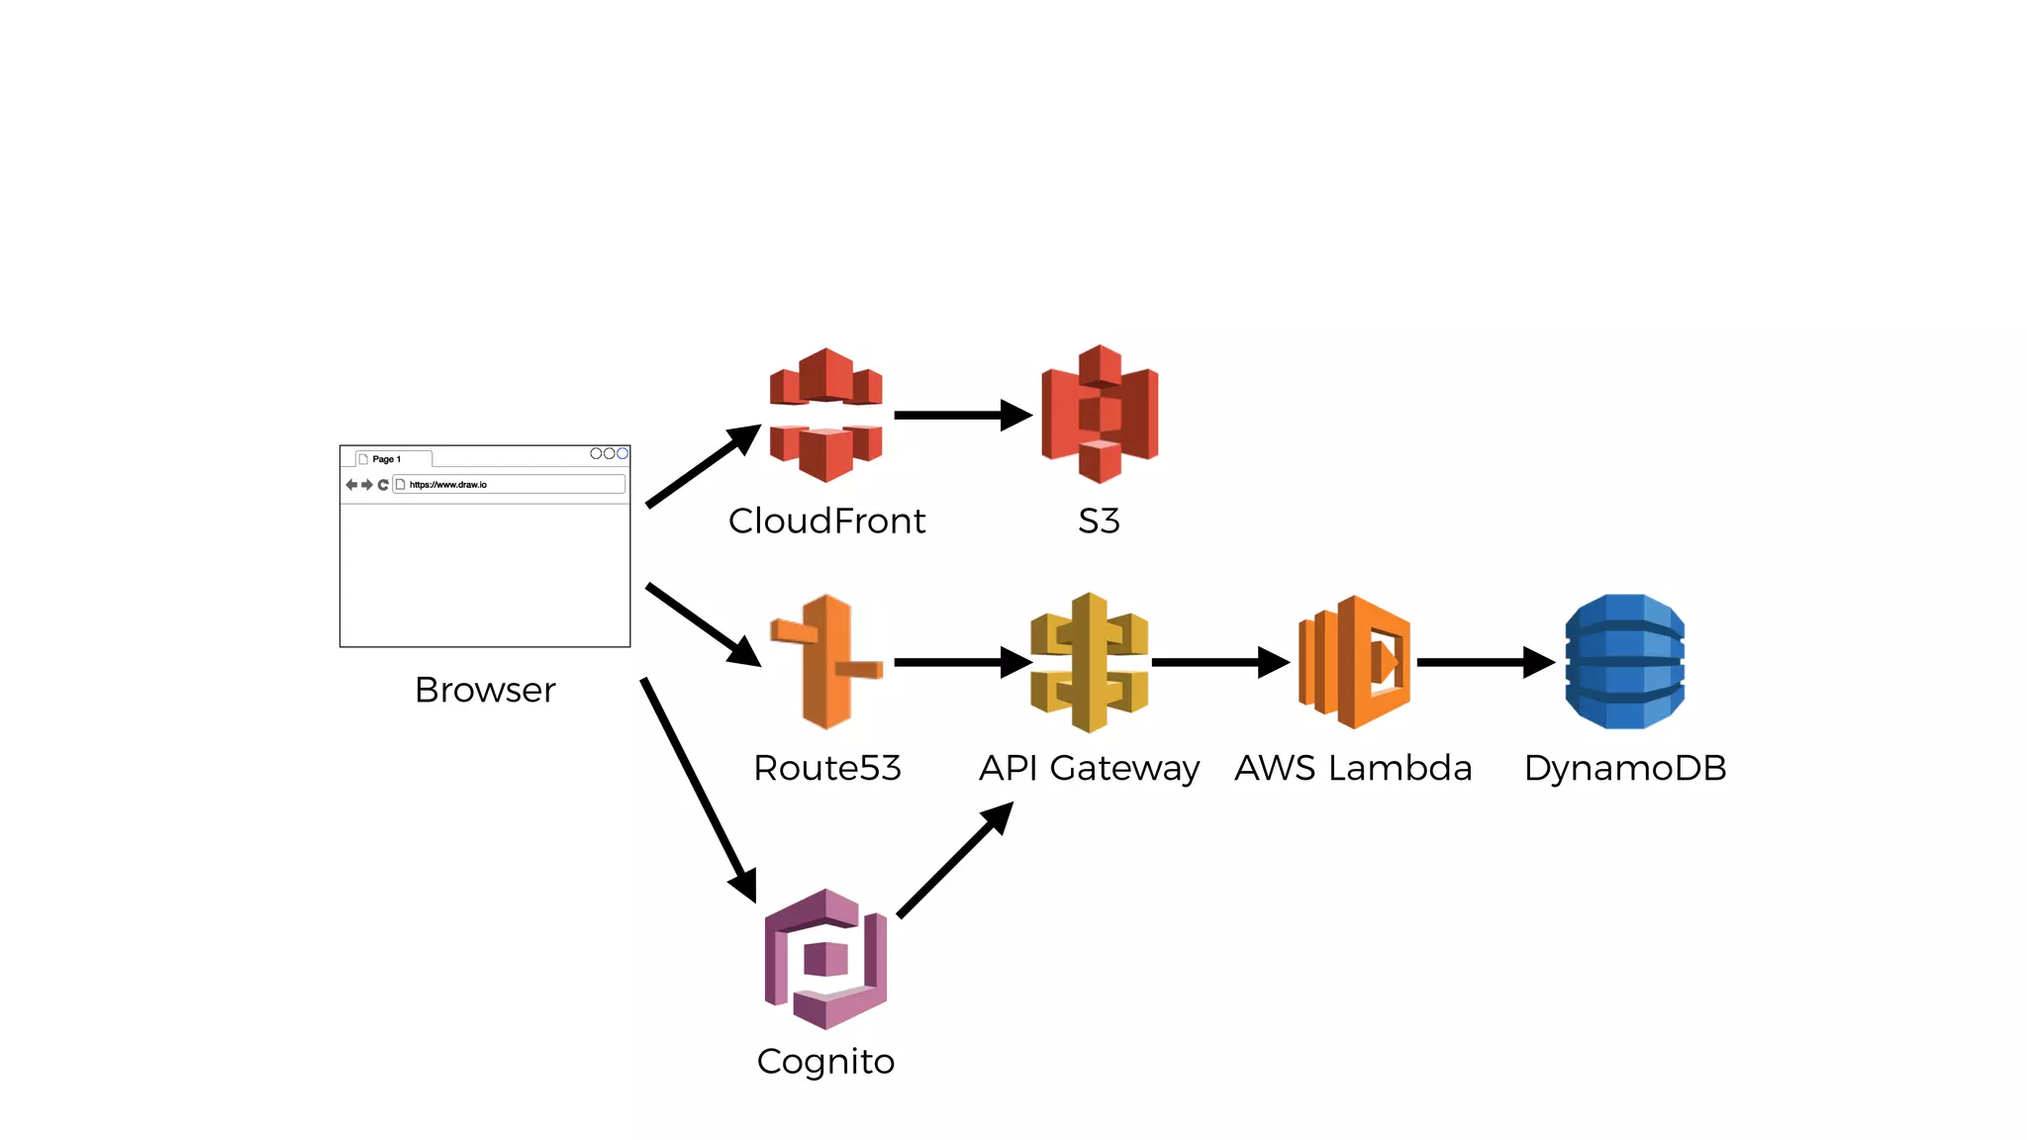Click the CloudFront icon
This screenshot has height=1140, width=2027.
[825, 415]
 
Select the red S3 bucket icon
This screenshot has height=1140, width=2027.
[1099, 414]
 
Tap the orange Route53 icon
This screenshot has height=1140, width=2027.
[825, 661]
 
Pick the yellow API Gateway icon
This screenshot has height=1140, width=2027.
[1089, 662]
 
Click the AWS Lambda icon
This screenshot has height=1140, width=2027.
[1354, 662]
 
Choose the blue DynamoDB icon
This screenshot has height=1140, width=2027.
[1624, 661]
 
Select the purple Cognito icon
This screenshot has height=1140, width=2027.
[825, 958]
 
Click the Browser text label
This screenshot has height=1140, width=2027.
[485, 690]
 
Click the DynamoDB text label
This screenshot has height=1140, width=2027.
[1624, 768]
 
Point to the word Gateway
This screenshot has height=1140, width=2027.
[1124, 768]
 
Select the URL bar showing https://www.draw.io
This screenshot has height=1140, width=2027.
[509, 484]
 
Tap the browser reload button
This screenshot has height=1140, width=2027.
[383, 485]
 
